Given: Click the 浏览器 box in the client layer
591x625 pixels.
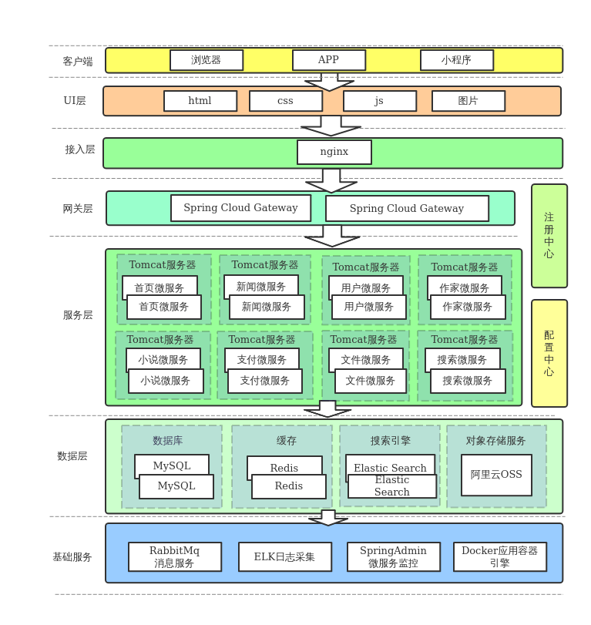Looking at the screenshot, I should click(x=207, y=60).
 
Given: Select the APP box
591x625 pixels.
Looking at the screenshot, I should click(x=329, y=60).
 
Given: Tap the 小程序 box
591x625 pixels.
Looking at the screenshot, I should click(x=457, y=60).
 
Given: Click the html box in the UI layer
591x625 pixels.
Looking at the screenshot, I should click(x=200, y=101).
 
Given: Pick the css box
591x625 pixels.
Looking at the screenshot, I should click(x=286, y=101).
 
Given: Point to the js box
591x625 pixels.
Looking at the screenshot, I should click(x=380, y=101).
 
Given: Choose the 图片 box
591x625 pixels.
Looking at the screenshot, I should click(x=468, y=101).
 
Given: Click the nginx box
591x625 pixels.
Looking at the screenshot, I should click(x=334, y=152).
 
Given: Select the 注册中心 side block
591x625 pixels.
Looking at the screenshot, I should click(x=549, y=235).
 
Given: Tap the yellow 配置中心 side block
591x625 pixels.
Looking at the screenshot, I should click(x=549, y=353).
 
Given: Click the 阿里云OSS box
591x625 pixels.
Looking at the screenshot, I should click(x=496, y=475).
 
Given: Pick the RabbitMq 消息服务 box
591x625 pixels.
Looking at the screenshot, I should click(x=175, y=556).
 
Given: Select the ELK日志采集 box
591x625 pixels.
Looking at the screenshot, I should click(x=285, y=556).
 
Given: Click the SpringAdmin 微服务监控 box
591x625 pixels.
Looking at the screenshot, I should click(x=394, y=556).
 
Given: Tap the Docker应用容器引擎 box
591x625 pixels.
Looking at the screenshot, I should click(x=500, y=556).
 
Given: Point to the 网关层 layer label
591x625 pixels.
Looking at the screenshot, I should click(x=78, y=209).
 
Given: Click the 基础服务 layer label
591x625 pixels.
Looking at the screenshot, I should click(x=72, y=557).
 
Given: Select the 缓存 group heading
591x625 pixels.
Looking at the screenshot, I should click(x=287, y=441).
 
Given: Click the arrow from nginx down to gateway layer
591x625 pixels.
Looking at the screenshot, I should click(x=331, y=180).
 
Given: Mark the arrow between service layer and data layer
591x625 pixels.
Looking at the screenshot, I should click(x=327, y=408).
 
